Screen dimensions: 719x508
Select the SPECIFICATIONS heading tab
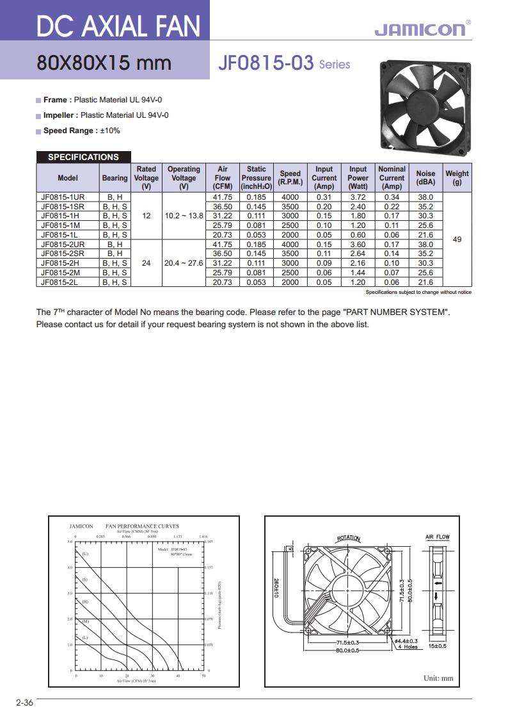(83, 157)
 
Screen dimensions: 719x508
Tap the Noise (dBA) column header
(425, 177)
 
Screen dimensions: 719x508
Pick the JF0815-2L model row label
(60, 282)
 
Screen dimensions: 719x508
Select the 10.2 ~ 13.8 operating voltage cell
(184, 216)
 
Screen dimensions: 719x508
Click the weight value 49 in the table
(457, 239)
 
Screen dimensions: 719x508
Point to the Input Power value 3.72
(358, 197)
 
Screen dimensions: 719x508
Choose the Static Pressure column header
(257, 177)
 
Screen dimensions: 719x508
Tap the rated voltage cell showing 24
(147, 263)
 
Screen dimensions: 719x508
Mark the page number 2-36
(24, 703)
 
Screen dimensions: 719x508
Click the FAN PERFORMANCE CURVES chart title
(142, 526)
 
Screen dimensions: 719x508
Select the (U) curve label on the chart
(85, 553)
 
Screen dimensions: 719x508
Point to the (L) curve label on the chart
(85, 638)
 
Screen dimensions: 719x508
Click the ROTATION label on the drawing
(349, 538)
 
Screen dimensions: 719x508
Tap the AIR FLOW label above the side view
(438, 537)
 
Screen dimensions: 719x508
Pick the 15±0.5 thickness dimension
(438, 646)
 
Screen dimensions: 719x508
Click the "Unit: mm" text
(438, 678)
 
